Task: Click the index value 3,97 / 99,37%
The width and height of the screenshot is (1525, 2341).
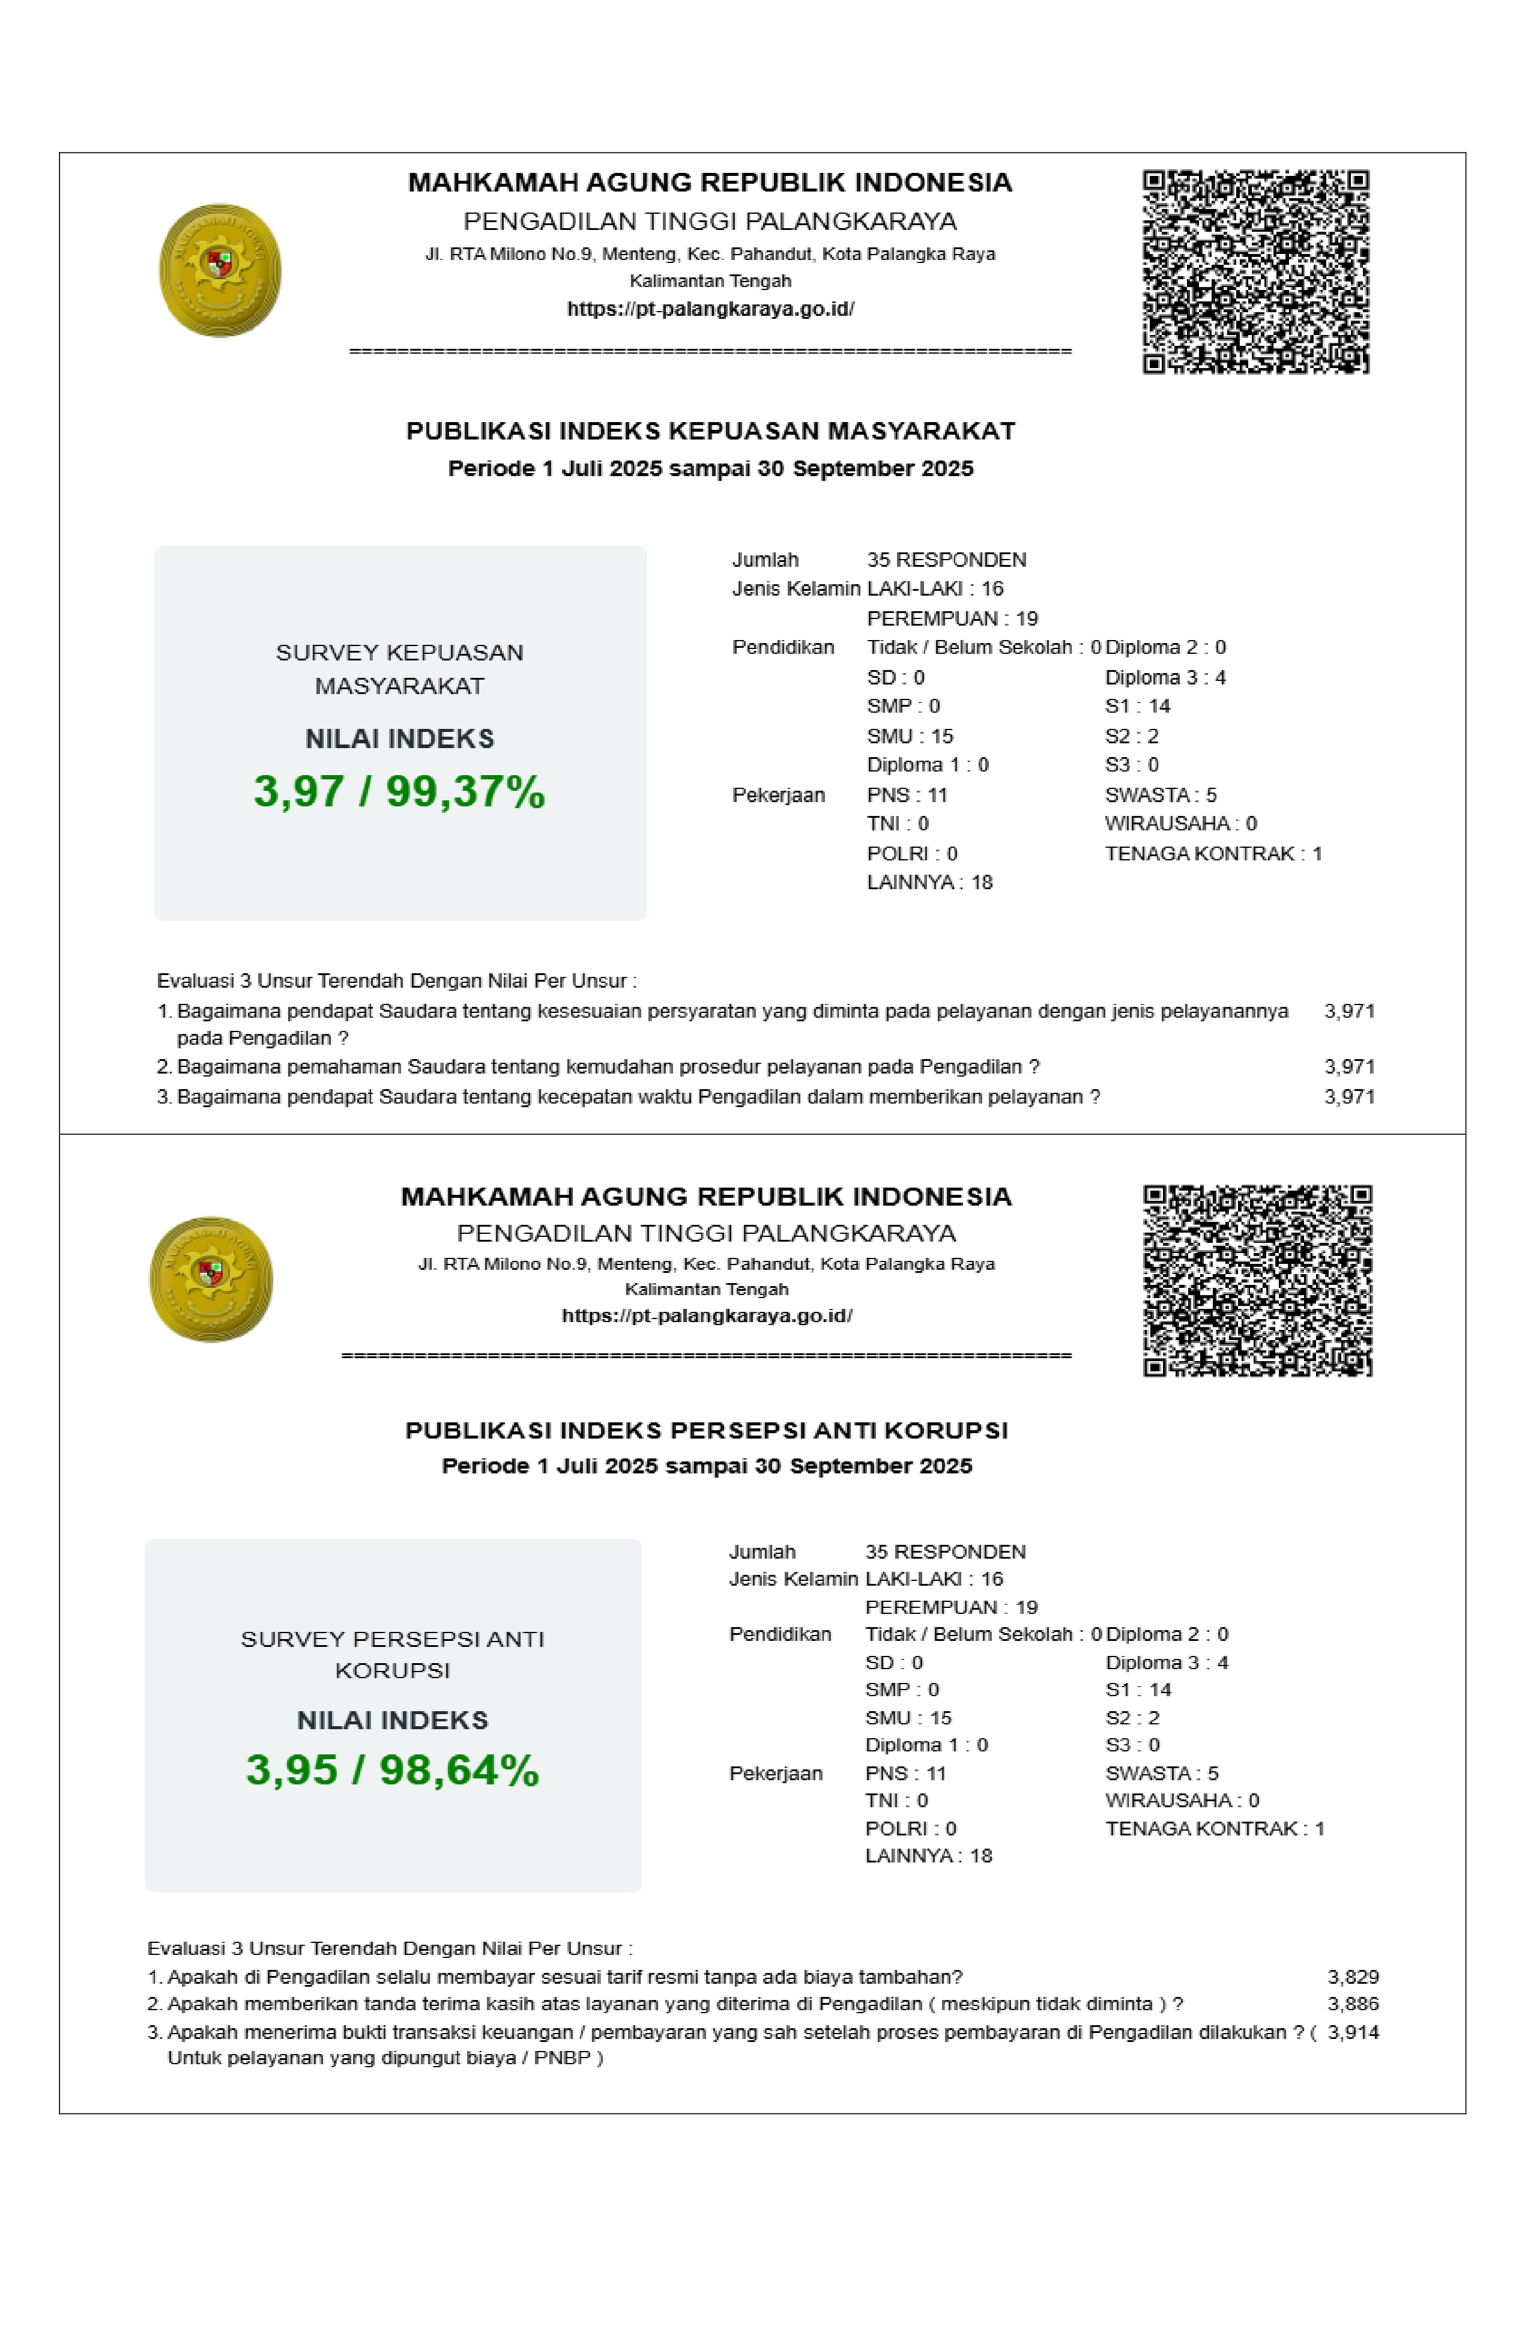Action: click(399, 792)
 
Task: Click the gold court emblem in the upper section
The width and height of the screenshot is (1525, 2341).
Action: click(220, 271)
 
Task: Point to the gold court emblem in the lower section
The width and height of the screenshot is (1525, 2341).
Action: click(211, 1279)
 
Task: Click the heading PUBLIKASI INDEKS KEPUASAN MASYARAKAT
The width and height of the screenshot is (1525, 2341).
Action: click(710, 431)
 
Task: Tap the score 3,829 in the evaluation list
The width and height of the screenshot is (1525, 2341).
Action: click(1353, 1977)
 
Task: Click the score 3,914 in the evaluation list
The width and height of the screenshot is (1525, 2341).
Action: click(1353, 2032)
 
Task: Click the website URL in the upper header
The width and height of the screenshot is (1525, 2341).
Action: click(710, 309)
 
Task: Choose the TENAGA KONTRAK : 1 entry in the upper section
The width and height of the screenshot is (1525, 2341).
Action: click(1213, 854)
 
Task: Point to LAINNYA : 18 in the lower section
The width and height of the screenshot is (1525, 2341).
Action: click(928, 1856)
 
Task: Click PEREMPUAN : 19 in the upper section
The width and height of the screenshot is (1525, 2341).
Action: click(952, 618)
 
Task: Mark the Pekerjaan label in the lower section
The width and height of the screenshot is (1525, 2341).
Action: click(775, 1774)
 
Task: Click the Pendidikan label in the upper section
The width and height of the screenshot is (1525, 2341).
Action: click(782, 647)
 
